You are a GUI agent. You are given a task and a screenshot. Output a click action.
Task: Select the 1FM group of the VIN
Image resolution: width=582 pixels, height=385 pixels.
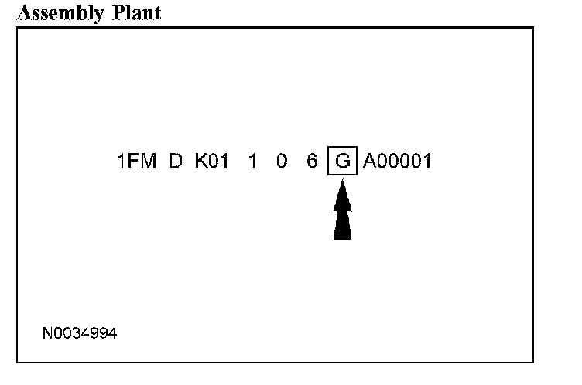136,162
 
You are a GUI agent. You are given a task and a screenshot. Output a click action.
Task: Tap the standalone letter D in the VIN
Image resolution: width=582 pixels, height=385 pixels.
176,162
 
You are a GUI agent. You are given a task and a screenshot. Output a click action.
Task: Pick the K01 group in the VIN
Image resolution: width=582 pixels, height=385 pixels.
211,162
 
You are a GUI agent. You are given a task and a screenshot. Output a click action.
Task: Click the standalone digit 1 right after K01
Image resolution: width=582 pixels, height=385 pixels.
252,162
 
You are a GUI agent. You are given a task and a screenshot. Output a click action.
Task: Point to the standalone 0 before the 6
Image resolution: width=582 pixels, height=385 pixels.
282,162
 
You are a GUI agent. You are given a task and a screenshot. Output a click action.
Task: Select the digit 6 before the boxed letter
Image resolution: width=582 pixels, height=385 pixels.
311,162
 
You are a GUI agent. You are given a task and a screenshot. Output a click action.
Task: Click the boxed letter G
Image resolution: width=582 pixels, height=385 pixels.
342,162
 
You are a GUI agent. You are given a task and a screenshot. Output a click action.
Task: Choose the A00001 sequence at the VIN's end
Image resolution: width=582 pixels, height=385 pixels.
397,162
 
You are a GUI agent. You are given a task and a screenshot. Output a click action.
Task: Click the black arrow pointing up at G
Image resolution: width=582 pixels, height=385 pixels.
342,213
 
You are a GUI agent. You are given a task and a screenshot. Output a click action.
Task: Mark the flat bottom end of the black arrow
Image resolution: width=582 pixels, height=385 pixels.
342,237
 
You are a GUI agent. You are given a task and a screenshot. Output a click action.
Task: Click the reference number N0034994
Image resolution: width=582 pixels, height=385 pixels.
80,334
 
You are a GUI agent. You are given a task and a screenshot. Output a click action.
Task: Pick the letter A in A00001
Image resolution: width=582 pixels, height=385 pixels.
368,162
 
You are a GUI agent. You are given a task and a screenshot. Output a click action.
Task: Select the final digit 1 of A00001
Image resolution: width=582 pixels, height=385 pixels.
426,162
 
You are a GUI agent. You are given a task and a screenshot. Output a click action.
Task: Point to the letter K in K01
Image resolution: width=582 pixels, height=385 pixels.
200,162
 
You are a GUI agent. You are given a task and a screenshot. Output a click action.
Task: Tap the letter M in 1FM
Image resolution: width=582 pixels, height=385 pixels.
149,162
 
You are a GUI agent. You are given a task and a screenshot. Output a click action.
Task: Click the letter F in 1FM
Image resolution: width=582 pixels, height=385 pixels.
135,162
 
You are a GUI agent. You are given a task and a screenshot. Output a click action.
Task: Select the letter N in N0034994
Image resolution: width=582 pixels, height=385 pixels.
47,334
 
